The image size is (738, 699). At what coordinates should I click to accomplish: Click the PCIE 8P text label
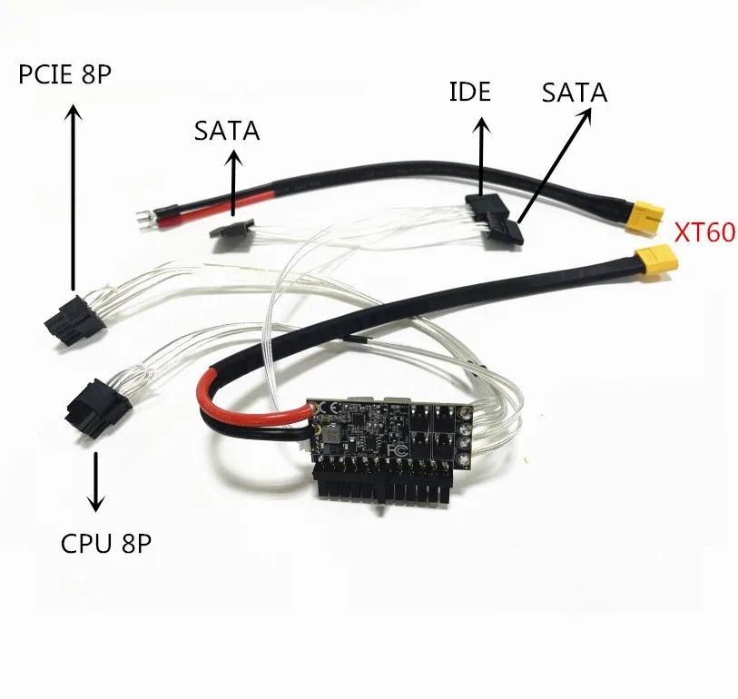(65, 74)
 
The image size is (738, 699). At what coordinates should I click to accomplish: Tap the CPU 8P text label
(106, 544)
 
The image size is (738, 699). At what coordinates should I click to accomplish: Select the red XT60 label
(705, 231)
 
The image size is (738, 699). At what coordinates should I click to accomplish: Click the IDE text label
(469, 92)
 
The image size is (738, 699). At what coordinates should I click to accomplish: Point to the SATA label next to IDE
(575, 93)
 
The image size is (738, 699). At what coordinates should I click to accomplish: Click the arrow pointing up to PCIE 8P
(73, 196)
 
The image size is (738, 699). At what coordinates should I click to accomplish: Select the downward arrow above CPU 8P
(96, 481)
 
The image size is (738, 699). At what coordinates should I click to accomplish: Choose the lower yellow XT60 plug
(656, 263)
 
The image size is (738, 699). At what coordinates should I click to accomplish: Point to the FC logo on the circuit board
(398, 450)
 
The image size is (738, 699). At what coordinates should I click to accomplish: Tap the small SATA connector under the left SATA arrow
(231, 230)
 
